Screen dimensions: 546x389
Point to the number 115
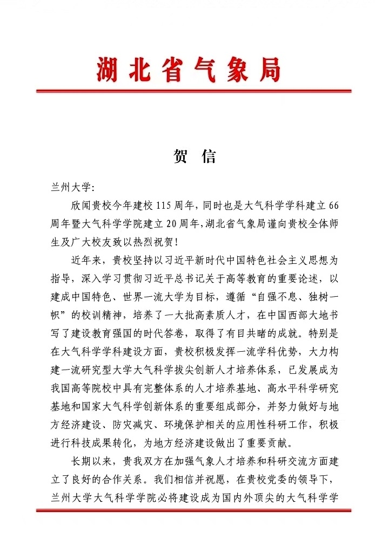164,206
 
